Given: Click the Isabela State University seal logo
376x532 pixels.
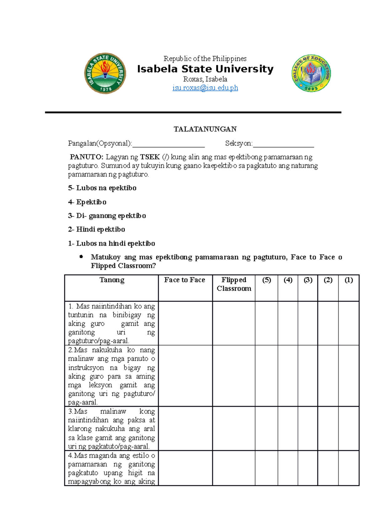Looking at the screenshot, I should coord(105,73).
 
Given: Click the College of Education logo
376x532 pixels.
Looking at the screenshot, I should coord(311,73).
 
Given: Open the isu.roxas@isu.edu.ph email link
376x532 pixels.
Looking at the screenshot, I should coord(205,88).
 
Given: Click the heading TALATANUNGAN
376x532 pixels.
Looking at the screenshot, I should coord(205,129).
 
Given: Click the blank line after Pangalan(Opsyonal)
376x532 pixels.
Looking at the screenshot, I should coord(168,144).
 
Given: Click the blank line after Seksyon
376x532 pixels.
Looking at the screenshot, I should coord(283,144).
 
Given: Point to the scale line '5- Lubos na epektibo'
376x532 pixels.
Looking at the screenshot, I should coord(102,188).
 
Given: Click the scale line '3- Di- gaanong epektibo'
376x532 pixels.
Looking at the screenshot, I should coord(107,216).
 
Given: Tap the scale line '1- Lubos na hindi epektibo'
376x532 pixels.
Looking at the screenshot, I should coord(112,243).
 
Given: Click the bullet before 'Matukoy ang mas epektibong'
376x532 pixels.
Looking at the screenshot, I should coord(81,257).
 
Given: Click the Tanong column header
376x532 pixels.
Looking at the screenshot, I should coord(112,280).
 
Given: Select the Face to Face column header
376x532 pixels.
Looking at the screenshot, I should coord(185,280).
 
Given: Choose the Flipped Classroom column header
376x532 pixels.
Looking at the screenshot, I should coord(234,284).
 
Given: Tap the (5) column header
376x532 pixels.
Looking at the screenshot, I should coord(266,280).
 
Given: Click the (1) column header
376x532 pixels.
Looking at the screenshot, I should coord(349,280).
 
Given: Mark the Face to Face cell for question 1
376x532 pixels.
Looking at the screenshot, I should coord(185,323).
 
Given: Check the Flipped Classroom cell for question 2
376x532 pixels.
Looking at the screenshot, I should coord(234,376).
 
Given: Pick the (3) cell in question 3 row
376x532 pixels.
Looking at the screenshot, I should coord(308,429).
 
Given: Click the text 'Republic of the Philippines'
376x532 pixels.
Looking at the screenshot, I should coord(205,59).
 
